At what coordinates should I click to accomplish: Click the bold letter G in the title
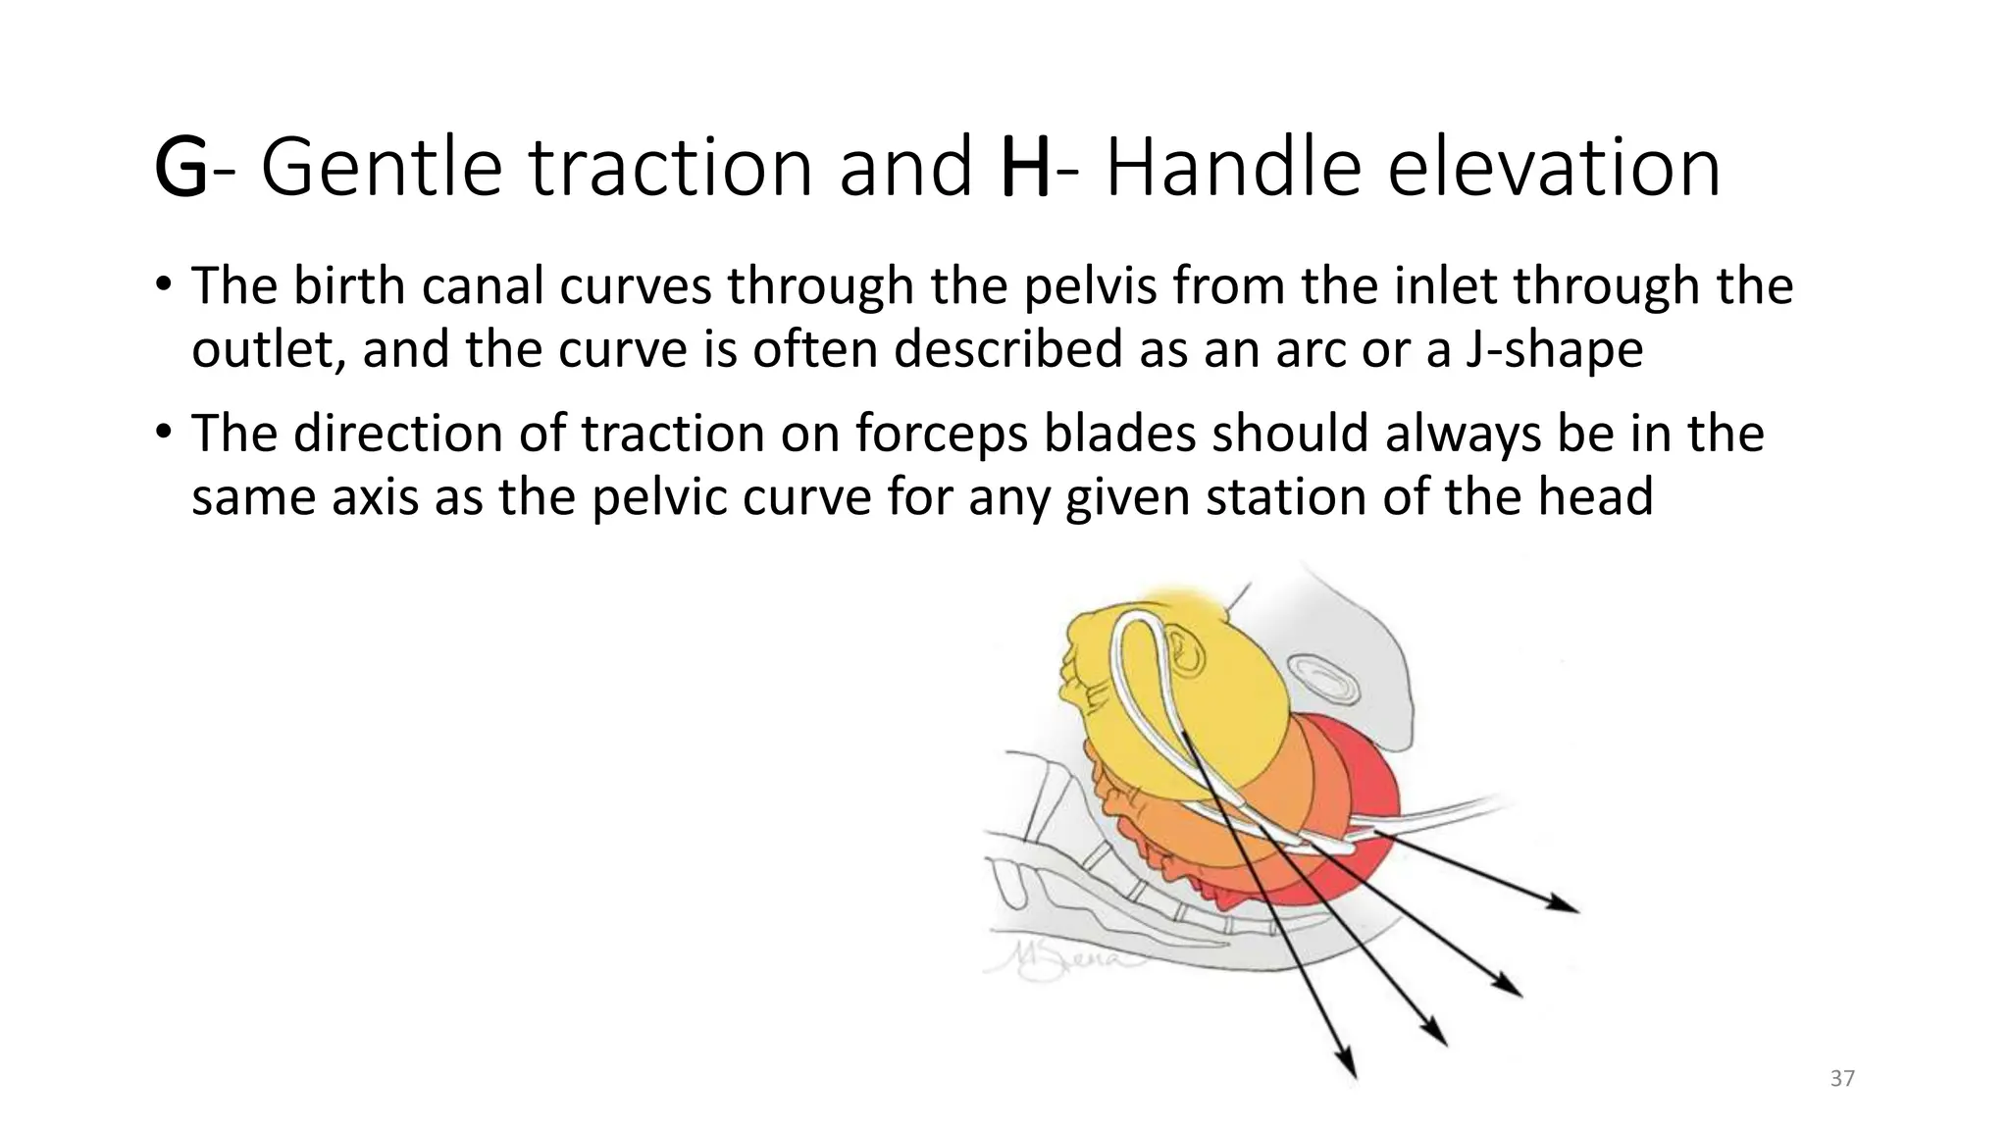click(x=181, y=169)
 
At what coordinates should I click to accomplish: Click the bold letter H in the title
click(x=1026, y=169)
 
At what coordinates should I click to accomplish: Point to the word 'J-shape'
click(x=1554, y=350)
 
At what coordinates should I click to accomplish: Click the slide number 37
click(x=1842, y=1079)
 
